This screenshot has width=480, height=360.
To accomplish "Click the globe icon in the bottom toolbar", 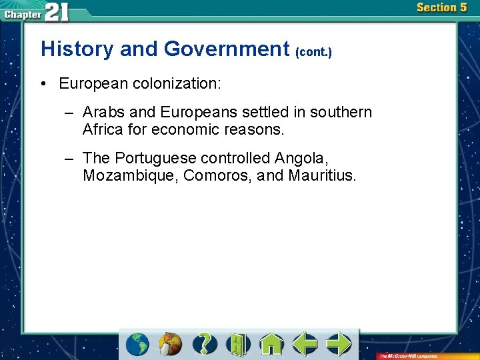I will click(138, 344).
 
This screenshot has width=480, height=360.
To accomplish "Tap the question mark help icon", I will click(205, 344).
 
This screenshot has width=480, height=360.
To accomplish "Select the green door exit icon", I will click(237, 344).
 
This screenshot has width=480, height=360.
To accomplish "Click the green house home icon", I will click(271, 344).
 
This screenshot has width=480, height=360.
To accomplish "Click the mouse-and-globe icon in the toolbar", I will click(171, 344).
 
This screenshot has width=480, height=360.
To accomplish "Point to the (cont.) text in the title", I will click(313, 51).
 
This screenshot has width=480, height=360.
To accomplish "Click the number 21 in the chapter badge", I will click(56, 12).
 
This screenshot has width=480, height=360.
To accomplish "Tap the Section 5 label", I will click(441, 8).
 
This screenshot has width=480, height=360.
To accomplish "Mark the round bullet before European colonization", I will click(43, 84).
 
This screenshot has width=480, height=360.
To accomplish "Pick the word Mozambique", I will click(130, 176).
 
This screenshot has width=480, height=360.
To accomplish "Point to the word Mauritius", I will click(323, 176).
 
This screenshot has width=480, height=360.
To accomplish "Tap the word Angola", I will click(301, 159).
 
